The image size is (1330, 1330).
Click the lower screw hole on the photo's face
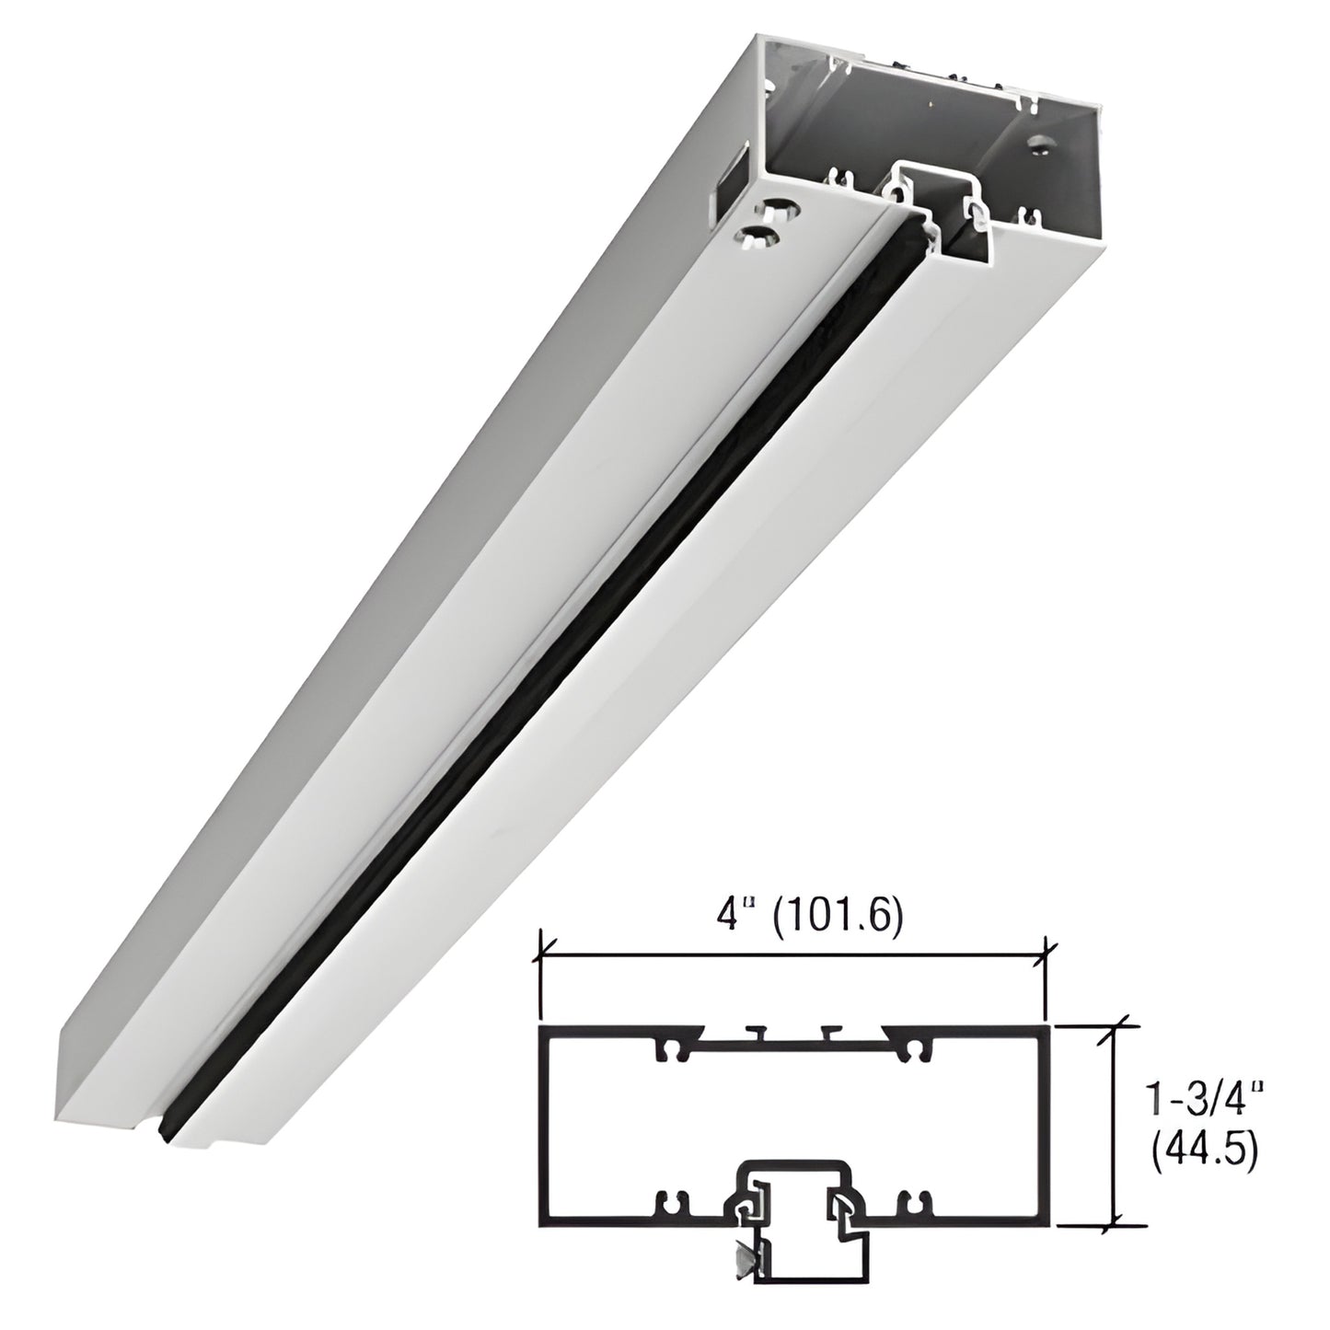(760, 238)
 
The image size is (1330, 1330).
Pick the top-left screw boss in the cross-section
(667, 1049)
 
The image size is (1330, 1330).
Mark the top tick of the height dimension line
(1117, 1024)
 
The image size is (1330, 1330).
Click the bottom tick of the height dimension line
(1117, 1225)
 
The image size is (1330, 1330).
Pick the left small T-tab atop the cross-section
(757, 1030)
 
